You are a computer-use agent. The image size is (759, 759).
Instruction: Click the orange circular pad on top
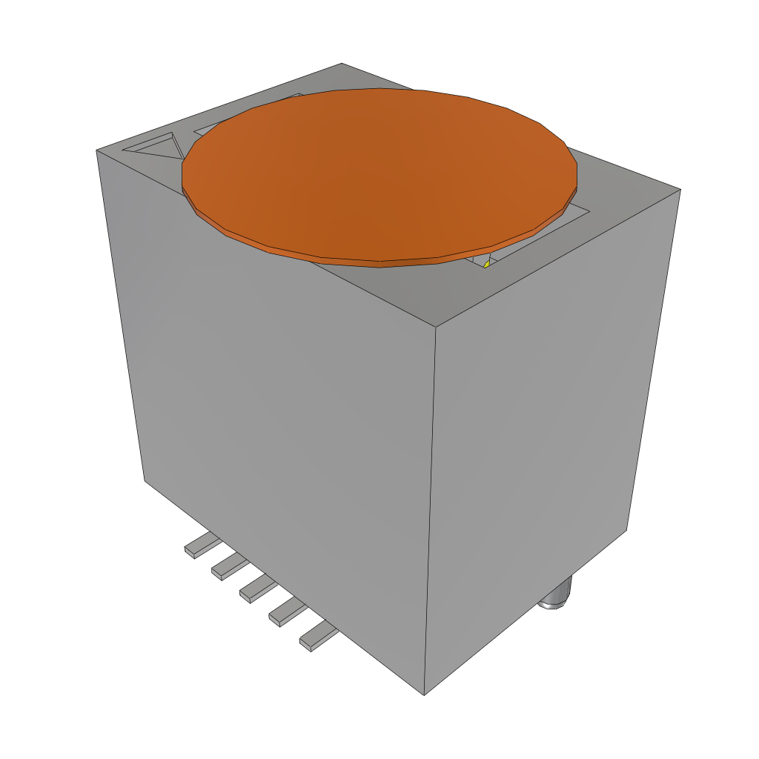click(379, 174)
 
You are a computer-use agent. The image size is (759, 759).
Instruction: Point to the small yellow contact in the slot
click(486, 264)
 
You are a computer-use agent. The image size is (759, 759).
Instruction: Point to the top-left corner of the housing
click(97, 150)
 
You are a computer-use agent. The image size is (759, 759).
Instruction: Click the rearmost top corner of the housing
click(342, 64)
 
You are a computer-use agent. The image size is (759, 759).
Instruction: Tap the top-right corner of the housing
click(680, 189)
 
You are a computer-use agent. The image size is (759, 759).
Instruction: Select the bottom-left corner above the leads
click(145, 480)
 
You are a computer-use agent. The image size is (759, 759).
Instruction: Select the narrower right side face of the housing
click(548, 430)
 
